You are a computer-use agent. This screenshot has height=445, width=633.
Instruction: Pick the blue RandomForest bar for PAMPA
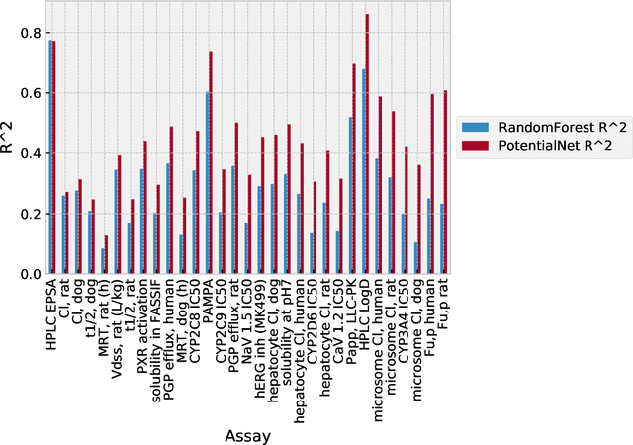pos(207,183)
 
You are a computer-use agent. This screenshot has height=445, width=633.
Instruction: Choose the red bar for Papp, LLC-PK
pos(354,169)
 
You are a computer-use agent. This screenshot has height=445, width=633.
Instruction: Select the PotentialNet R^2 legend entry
pos(541,146)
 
